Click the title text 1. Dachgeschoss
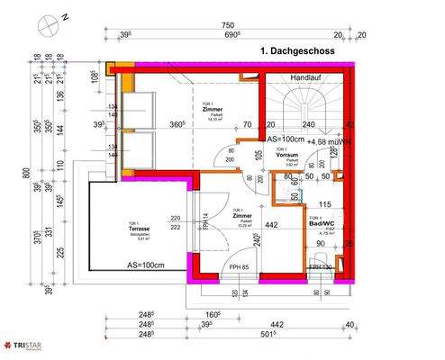(x=296, y=52)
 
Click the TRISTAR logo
(x=24, y=344)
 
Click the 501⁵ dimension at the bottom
(x=291, y=334)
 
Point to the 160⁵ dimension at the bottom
(x=212, y=314)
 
